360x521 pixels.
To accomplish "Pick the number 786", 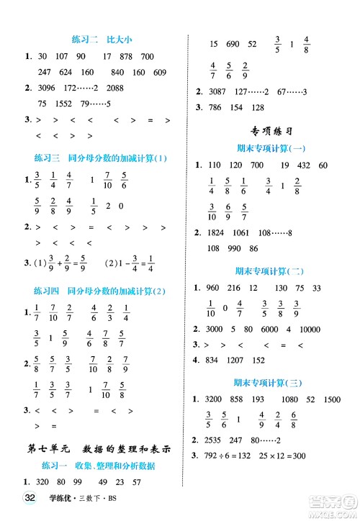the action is (215, 108).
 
